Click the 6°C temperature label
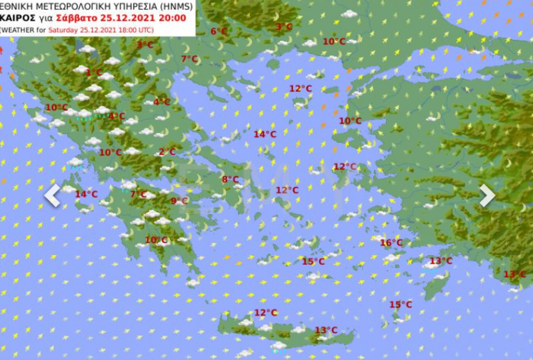219,32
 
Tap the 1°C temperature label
94,73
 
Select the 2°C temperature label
167,152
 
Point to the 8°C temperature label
230,179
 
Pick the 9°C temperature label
179,201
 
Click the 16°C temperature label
391,243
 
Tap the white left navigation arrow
53,195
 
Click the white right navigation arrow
487,195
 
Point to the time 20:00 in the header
173,18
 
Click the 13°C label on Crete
326,330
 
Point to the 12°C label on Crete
265,313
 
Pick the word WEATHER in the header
16,30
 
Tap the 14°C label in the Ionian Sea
86,194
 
